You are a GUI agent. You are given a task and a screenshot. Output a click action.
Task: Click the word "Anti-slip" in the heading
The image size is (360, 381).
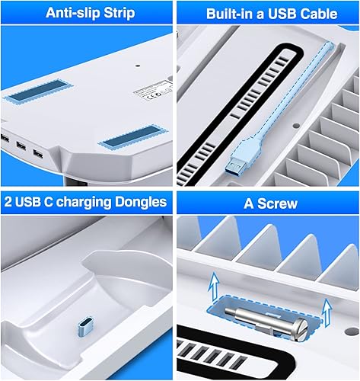pyautogui.click(x=70, y=13)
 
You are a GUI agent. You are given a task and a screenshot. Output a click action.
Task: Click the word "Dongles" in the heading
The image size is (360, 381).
pyautogui.click(x=143, y=202)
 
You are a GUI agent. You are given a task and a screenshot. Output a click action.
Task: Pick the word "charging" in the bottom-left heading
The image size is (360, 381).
pyautogui.click(x=91, y=202)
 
